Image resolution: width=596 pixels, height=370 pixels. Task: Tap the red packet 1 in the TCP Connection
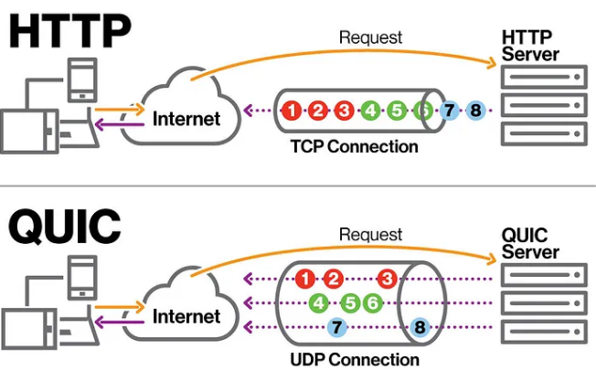coord(291,111)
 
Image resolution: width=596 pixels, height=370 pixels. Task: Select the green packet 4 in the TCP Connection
coord(370,111)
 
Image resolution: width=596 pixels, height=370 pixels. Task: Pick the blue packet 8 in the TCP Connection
coord(475,111)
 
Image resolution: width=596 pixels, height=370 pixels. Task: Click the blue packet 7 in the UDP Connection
coord(335,326)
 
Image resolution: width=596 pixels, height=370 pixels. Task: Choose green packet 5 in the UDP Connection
coord(347,302)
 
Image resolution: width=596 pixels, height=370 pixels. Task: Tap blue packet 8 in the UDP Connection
coord(420,326)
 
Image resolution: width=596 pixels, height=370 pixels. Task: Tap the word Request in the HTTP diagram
coord(370,38)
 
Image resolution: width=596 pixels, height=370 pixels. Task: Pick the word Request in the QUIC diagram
coord(370,235)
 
